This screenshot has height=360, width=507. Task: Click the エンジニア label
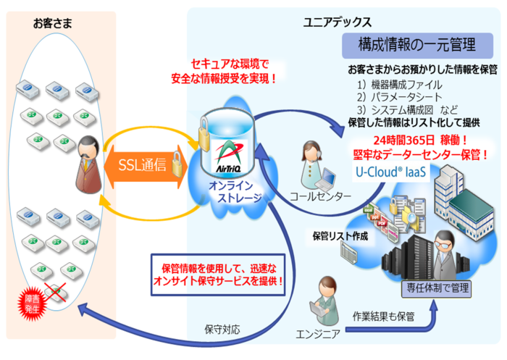[x=319, y=334]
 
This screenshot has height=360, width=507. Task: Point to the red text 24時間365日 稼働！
[x=419, y=140]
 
